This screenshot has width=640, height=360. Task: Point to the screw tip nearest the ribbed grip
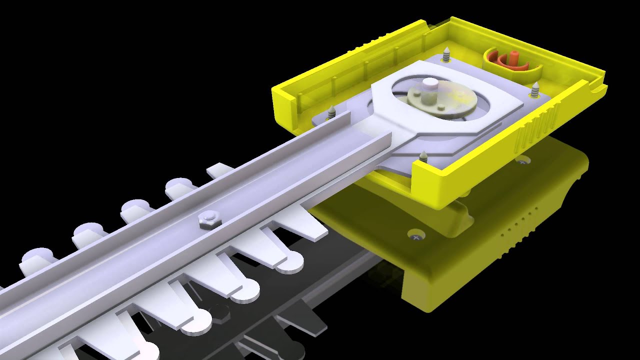tap(535, 90)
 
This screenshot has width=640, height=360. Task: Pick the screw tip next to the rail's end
tap(331, 112)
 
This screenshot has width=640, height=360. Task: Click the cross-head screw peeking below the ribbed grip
tap(522, 161)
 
